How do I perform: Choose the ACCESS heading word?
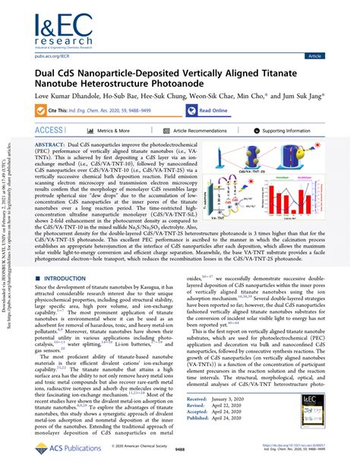(49, 131)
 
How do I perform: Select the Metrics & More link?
(110, 131)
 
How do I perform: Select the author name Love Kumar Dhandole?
(67, 96)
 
